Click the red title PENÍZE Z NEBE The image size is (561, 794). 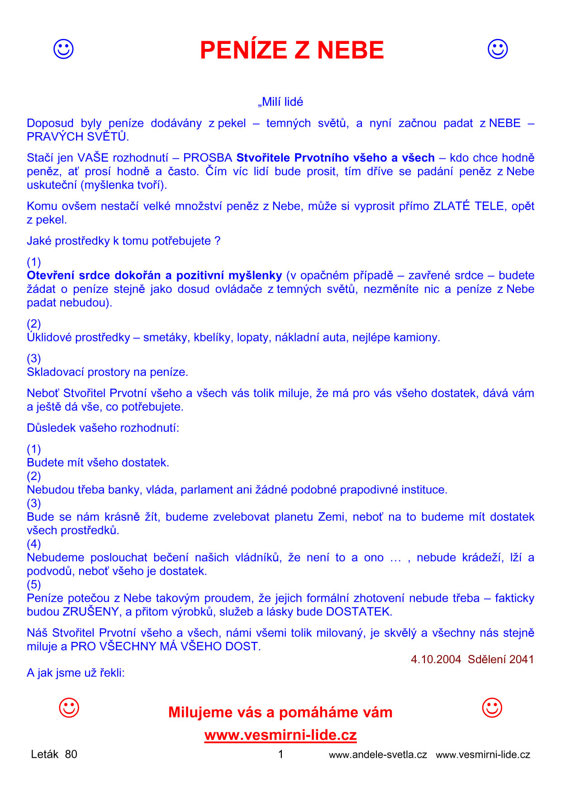292,50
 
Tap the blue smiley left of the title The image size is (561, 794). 63,49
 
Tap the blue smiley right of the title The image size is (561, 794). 498,49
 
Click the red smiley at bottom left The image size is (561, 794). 69,708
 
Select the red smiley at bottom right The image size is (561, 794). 492,708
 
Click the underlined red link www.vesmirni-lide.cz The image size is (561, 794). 280,735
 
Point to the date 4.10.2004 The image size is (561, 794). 436,660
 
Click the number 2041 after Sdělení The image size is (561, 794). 522,660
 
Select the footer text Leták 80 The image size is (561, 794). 54,754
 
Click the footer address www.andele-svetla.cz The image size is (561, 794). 378,755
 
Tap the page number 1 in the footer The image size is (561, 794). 280,754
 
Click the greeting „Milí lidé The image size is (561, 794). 280,102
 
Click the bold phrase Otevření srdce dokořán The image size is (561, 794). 94,276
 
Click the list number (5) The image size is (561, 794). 34,585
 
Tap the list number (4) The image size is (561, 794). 34,544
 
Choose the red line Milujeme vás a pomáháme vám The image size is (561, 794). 280,713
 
